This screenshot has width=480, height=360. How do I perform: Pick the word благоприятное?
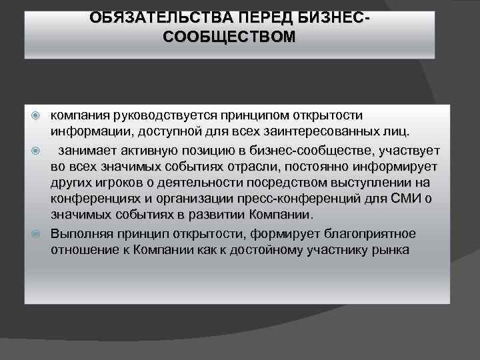coord(372,233)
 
